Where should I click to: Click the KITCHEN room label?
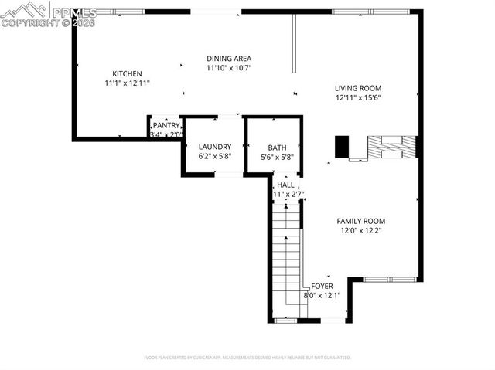[x=127, y=73]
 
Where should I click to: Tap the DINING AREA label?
[x=229, y=59]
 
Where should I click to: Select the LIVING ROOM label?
[x=358, y=88]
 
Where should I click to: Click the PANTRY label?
[x=166, y=125]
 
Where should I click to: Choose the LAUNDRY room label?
[x=214, y=147]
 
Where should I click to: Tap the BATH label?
[x=277, y=148]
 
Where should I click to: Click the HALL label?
[x=285, y=185]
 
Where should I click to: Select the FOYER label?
[x=322, y=286]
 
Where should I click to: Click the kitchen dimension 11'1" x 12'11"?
[x=127, y=83]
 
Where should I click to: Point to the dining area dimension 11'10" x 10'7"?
[x=229, y=68]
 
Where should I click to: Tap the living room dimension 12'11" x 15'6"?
[x=358, y=97]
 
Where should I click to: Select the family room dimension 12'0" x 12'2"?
[x=360, y=230]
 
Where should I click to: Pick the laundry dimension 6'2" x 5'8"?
[x=214, y=156]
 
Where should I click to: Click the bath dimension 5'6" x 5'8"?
[x=277, y=157]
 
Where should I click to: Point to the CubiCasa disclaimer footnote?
[x=247, y=358]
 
